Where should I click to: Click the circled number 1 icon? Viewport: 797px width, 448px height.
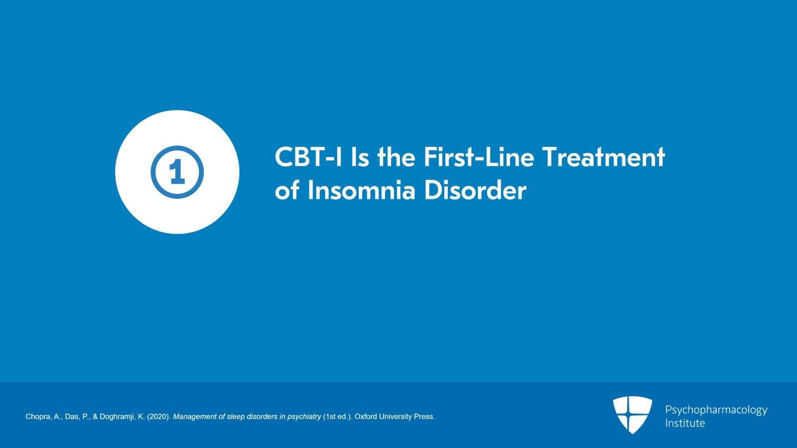177,172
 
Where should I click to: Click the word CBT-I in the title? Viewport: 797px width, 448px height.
308,157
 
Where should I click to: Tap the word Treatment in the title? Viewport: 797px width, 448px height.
604,157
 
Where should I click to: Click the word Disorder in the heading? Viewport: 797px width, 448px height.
475,190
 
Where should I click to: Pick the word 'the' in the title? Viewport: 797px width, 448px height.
396,157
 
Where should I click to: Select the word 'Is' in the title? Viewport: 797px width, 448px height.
360,157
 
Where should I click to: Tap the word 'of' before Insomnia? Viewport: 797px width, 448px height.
287,190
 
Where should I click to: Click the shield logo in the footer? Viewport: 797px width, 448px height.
632,415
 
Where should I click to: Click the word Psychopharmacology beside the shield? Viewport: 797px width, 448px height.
716,410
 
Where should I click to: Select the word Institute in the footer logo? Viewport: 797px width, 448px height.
685,423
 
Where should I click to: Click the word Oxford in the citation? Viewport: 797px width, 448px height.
366,417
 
